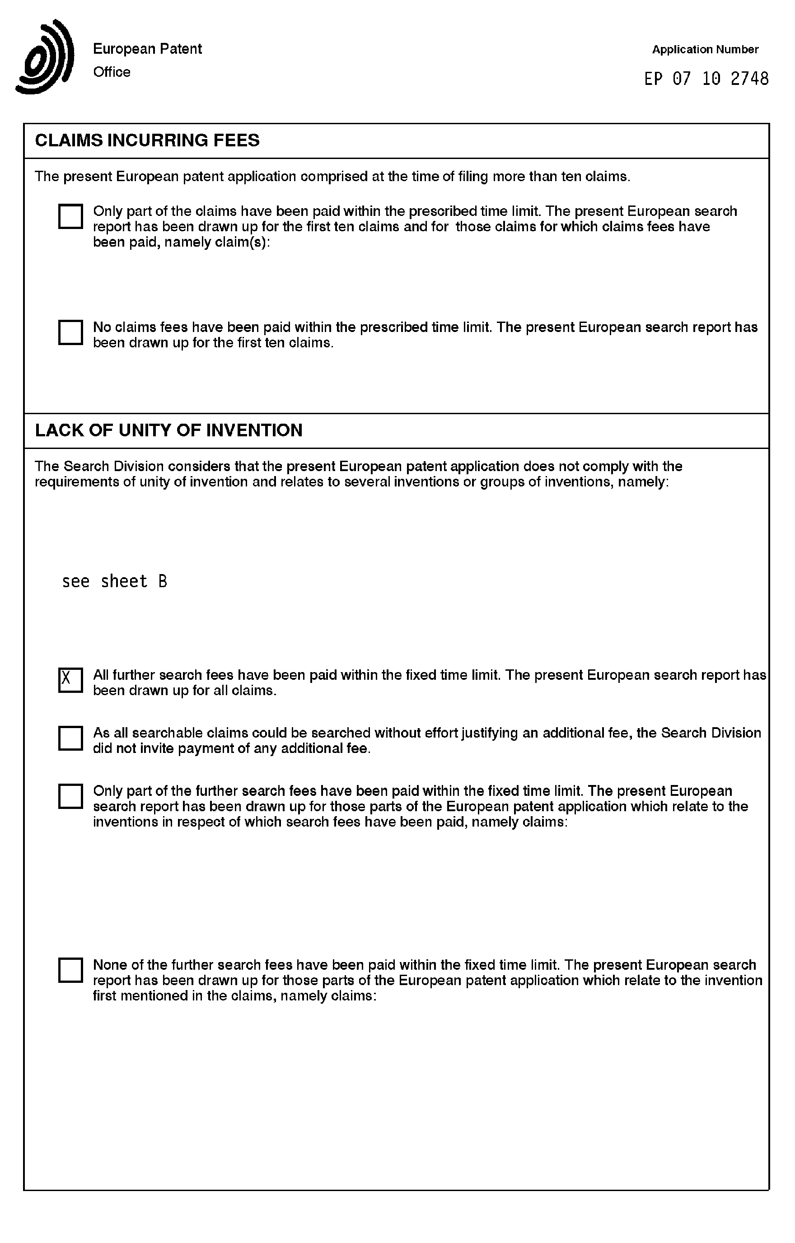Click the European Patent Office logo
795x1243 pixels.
coord(46,57)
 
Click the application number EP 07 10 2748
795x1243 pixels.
coord(706,79)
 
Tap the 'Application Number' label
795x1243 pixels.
coord(705,50)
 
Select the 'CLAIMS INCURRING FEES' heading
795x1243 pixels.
coord(147,140)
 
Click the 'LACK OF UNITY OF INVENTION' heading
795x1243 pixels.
coord(168,430)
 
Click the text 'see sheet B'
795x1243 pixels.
coord(115,582)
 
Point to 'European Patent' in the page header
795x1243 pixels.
coord(147,49)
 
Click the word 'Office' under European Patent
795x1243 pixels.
coord(112,72)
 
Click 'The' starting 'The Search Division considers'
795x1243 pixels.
coord(47,466)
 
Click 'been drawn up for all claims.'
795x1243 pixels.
coord(184,691)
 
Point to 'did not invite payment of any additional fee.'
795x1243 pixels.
coord(232,748)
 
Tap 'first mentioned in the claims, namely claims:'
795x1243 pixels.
coord(234,996)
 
